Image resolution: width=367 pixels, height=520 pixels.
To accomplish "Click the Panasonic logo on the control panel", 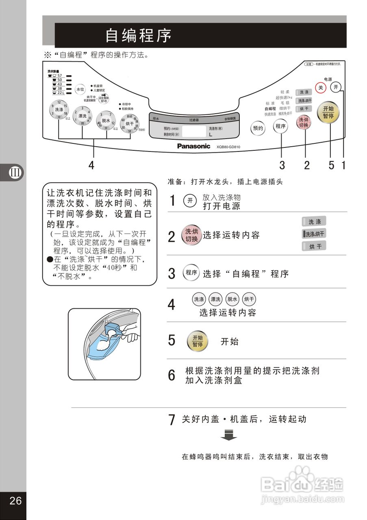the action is pos(193,146).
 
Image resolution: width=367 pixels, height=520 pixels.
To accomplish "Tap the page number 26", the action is pos(15,500).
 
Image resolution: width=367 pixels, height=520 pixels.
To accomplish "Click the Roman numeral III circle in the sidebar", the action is pos(15,172).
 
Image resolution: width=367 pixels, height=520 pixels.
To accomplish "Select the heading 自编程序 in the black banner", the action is pos(139,35).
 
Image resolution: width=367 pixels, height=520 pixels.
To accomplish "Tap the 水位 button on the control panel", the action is pos(80,89).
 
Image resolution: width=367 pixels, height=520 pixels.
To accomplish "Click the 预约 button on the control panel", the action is pos(258,128).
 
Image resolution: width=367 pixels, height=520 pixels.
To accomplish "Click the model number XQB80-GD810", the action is pos(228,147).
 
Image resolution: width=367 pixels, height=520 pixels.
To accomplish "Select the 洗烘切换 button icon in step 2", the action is pos(191,235).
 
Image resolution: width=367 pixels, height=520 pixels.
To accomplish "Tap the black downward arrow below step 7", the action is pos(229,435).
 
